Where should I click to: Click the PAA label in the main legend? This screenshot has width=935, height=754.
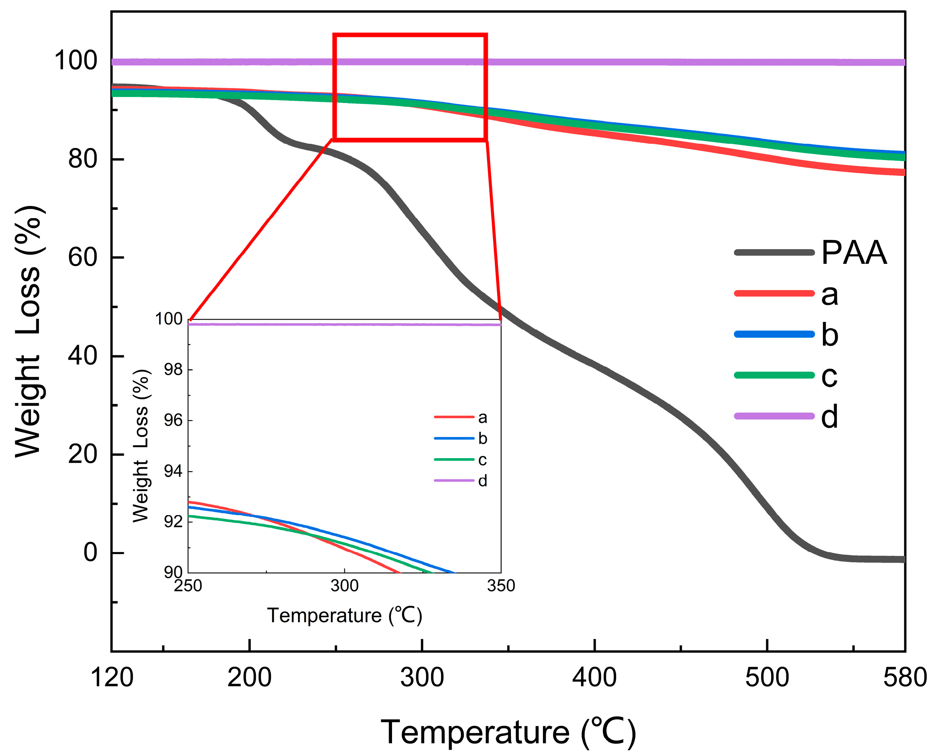[854, 253]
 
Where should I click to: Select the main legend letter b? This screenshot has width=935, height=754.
[829, 335]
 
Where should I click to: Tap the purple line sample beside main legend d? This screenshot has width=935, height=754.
[774, 416]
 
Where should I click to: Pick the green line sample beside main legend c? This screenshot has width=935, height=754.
[774, 375]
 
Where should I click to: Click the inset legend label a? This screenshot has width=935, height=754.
[483, 418]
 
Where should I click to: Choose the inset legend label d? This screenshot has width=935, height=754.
[483, 481]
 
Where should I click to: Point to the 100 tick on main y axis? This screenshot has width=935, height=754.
[75, 60]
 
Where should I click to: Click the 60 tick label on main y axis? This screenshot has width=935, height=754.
[83, 257]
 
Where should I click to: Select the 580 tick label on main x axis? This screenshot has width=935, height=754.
[905, 678]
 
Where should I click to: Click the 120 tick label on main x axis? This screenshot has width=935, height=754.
[112, 678]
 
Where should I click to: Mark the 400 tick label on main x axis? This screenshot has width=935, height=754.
[594, 678]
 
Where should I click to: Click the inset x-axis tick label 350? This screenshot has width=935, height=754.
[501, 586]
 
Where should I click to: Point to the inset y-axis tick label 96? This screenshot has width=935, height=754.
[173, 420]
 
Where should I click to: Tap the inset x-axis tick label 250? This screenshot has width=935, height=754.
[188, 586]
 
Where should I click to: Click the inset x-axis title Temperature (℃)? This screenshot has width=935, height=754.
[344, 616]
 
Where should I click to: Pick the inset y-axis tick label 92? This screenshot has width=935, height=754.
[173, 522]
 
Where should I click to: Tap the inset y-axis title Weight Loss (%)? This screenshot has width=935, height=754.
[141, 446]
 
